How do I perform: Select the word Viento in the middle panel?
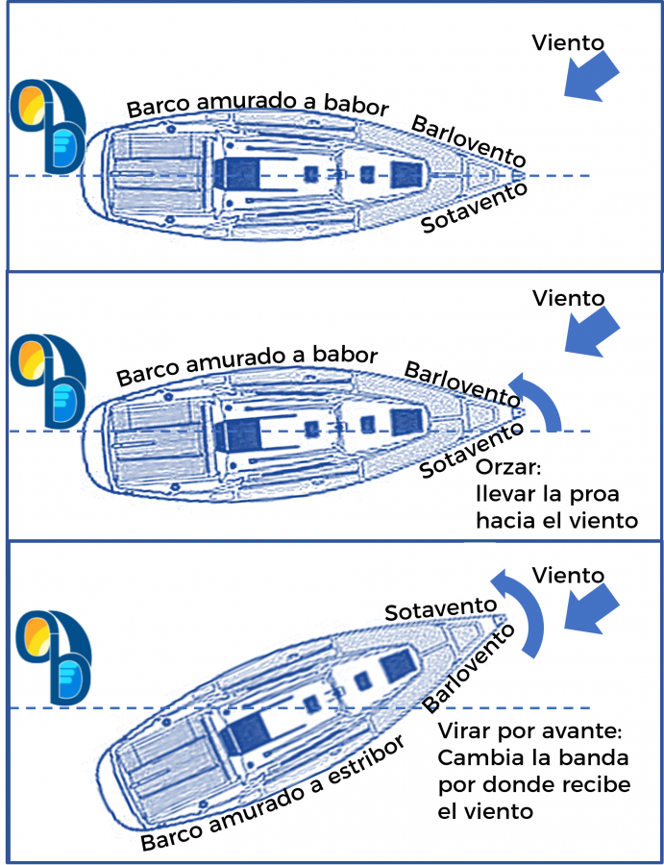tap(568, 297)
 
